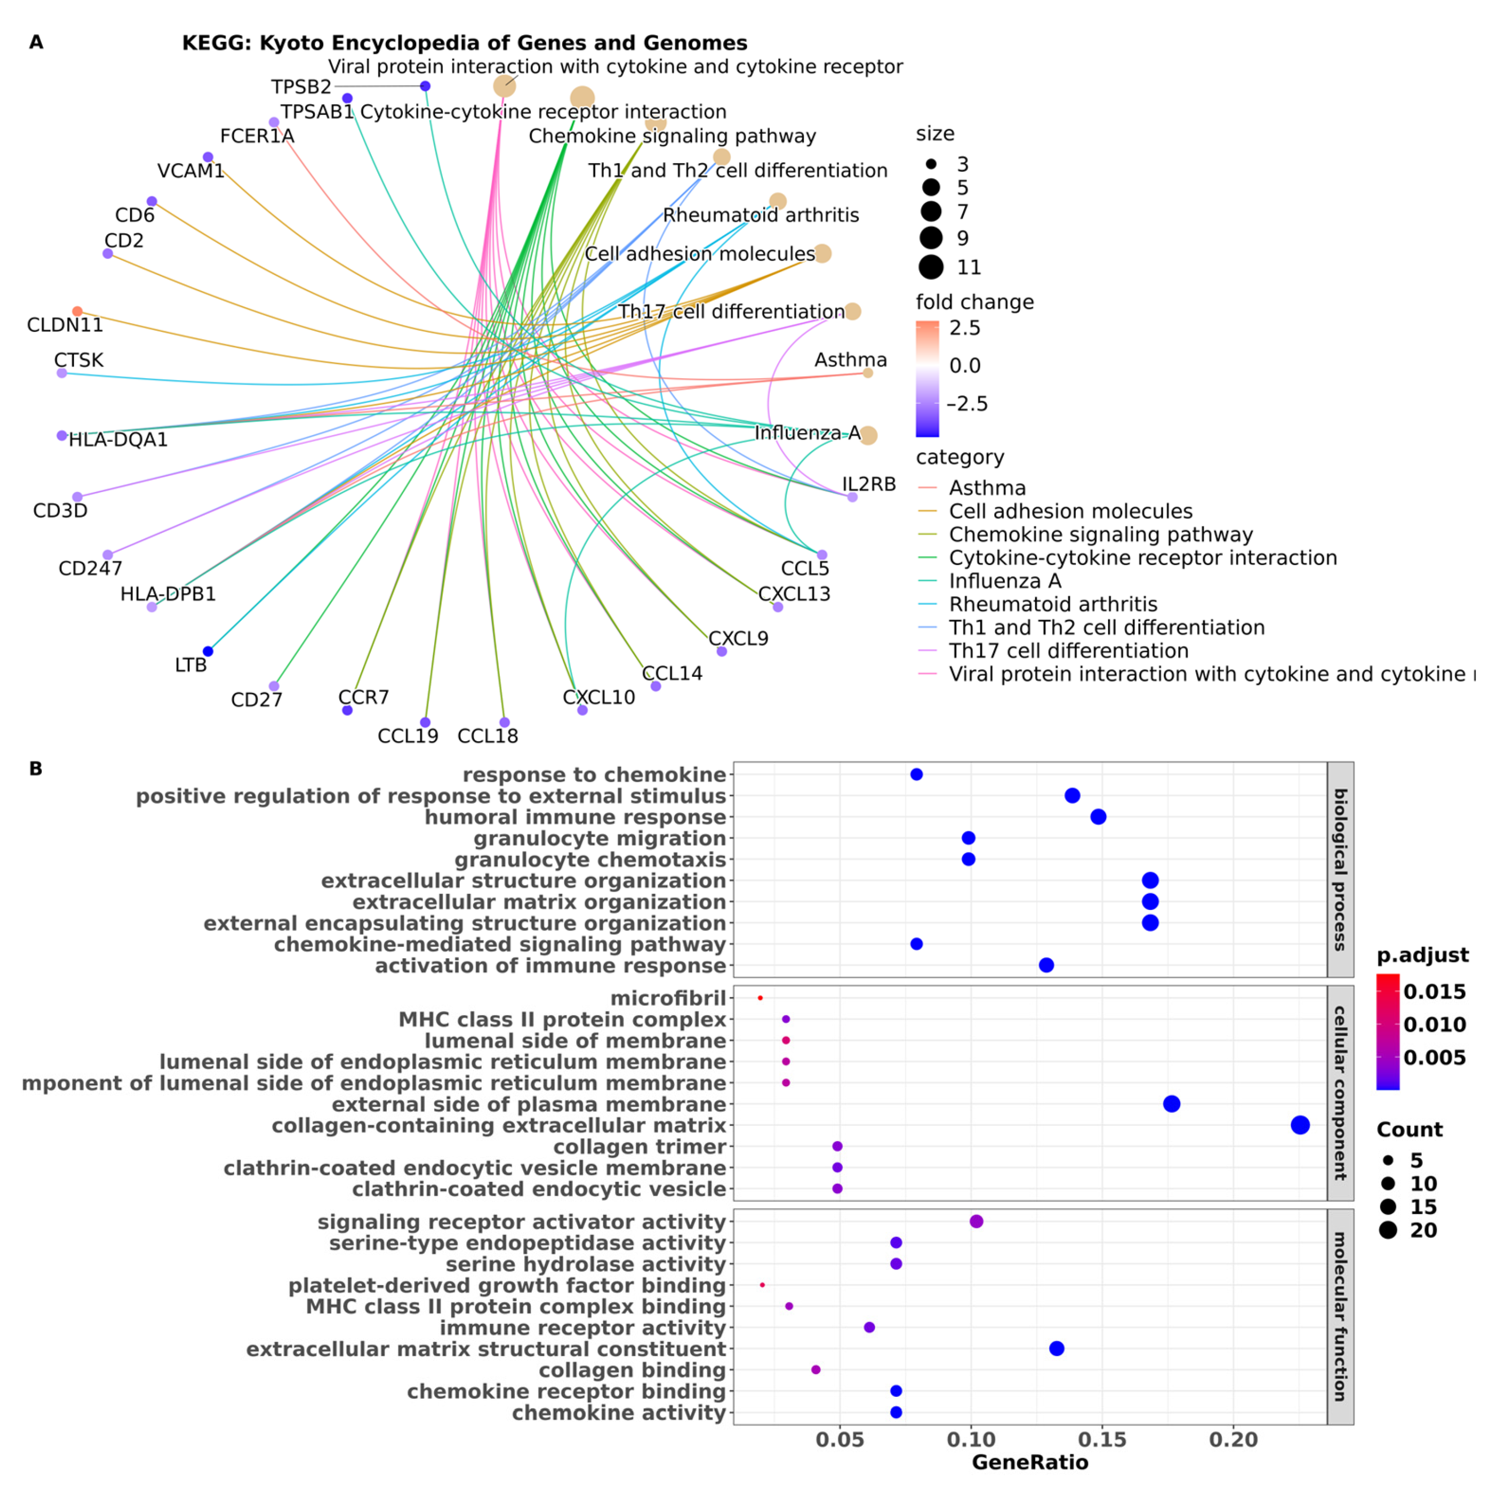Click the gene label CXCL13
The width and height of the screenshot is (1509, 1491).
794,594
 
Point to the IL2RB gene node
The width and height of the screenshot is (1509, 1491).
852,496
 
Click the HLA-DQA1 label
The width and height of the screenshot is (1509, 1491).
118,440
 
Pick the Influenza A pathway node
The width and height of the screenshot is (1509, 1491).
868,436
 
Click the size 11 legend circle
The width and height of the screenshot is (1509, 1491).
931,267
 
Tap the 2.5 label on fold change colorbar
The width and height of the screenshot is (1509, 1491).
965,328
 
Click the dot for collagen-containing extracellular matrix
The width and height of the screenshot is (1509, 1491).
1299,1125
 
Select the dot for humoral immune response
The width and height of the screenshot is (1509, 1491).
1098,817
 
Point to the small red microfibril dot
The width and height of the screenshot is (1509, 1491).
760,998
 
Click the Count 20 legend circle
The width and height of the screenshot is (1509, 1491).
1388,1231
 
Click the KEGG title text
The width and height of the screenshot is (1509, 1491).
465,43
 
